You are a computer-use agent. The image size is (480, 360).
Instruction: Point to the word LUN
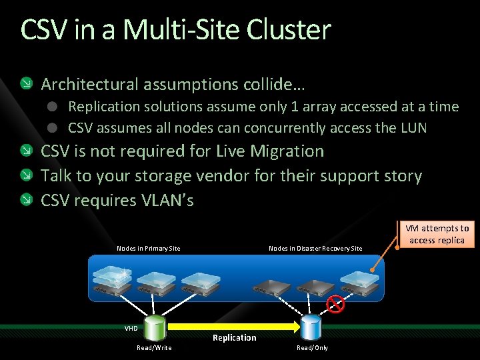point(413,128)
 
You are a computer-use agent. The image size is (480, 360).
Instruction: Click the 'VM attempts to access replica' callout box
point(437,235)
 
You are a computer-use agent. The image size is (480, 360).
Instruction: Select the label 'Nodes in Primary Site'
point(148,249)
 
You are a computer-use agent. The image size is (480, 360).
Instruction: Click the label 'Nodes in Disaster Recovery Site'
point(315,249)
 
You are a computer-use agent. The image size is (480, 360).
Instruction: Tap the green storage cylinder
point(156,327)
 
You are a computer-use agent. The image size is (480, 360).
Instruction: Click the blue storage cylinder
point(311,327)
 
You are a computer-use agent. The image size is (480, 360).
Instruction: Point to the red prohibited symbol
point(335,305)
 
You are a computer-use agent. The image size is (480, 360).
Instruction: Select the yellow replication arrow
point(233,327)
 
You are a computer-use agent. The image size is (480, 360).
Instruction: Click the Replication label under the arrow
point(234,338)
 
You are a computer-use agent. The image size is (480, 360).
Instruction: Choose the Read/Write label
point(154,347)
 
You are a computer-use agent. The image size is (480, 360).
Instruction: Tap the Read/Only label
point(312,347)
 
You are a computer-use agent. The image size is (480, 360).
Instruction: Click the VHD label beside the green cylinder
point(131,328)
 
